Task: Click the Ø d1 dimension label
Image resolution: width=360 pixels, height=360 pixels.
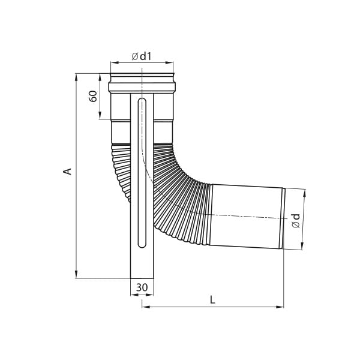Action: [x=142, y=56]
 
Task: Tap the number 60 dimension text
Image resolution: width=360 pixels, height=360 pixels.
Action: [x=93, y=96]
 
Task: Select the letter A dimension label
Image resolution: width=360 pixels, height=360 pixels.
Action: [x=68, y=172]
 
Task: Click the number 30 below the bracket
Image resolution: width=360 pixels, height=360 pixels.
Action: [x=142, y=287]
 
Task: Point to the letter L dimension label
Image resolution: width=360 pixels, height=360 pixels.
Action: [x=212, y=299]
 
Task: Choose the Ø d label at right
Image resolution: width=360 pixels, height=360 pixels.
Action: [x=296, y=221]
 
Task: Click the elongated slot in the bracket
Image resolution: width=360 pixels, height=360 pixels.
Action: [x=142, y=173]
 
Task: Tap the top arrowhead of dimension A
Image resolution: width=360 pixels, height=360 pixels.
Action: [x=77, y=77]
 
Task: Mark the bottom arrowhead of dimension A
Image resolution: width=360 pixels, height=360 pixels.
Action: [x=77, y=274]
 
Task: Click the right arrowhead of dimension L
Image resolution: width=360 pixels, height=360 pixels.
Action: [x=280, y=307]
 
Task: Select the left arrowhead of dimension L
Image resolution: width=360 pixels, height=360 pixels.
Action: [x=146, y=307]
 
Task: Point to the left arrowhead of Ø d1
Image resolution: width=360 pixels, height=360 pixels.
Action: [x=115, y=62]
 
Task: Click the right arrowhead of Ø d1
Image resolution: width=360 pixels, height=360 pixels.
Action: [x=169, y=62]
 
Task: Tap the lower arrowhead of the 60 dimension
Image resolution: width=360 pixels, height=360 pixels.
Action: [x=100, y=115]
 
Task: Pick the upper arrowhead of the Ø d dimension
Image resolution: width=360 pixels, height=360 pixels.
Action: [x=304, y=193]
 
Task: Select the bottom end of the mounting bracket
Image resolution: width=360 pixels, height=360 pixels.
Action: [x=142, y=278]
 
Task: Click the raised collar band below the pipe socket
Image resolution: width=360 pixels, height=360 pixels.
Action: [x=142, y=88]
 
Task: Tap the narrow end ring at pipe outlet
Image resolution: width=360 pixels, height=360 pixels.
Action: [x=282, y=218]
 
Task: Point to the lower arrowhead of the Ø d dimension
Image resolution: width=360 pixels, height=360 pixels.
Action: [x=302, y=245]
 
